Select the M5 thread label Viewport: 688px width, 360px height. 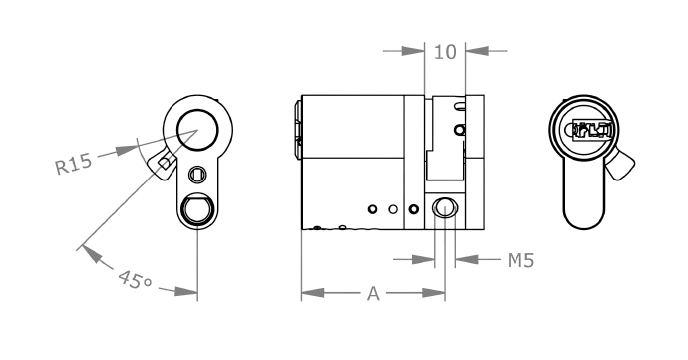click(x=521, y=260)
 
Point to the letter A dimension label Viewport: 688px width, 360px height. click(x=373, y=294)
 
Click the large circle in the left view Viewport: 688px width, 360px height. click(x=197, y=126)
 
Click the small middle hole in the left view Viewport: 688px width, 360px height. click(x=198, y=172)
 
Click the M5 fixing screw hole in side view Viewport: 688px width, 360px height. click(x=444, y=207)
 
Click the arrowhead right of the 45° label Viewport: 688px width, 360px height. click(x=187, y=293)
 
